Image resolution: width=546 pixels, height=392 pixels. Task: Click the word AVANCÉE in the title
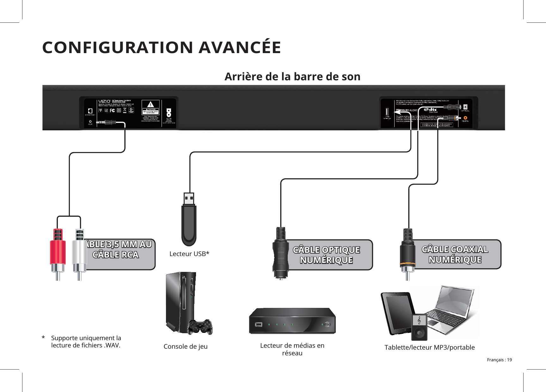tap(240, 47)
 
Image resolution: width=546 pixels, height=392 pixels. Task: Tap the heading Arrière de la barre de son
tap(292, 77)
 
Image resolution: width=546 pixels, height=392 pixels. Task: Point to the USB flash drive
tap(189, 221)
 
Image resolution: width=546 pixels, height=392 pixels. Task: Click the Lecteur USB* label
tap(189, 254)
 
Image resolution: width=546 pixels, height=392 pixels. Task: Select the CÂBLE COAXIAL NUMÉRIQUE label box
tap(455, 254)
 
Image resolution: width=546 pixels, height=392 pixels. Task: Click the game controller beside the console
tap(199, 327)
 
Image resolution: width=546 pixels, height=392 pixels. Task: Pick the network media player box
tap(292, 321)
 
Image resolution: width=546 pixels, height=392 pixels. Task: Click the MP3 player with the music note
tap(419, 327)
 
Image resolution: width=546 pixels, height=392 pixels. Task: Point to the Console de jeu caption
tap(186, 346)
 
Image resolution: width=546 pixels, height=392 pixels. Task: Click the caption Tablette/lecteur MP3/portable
tap(429, 347)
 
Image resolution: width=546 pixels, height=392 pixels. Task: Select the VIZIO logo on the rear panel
tap(104, 101)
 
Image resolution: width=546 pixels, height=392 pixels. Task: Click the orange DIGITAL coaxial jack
tap(465, 117)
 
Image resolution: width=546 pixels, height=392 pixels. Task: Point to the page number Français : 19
tap(499, 360)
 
